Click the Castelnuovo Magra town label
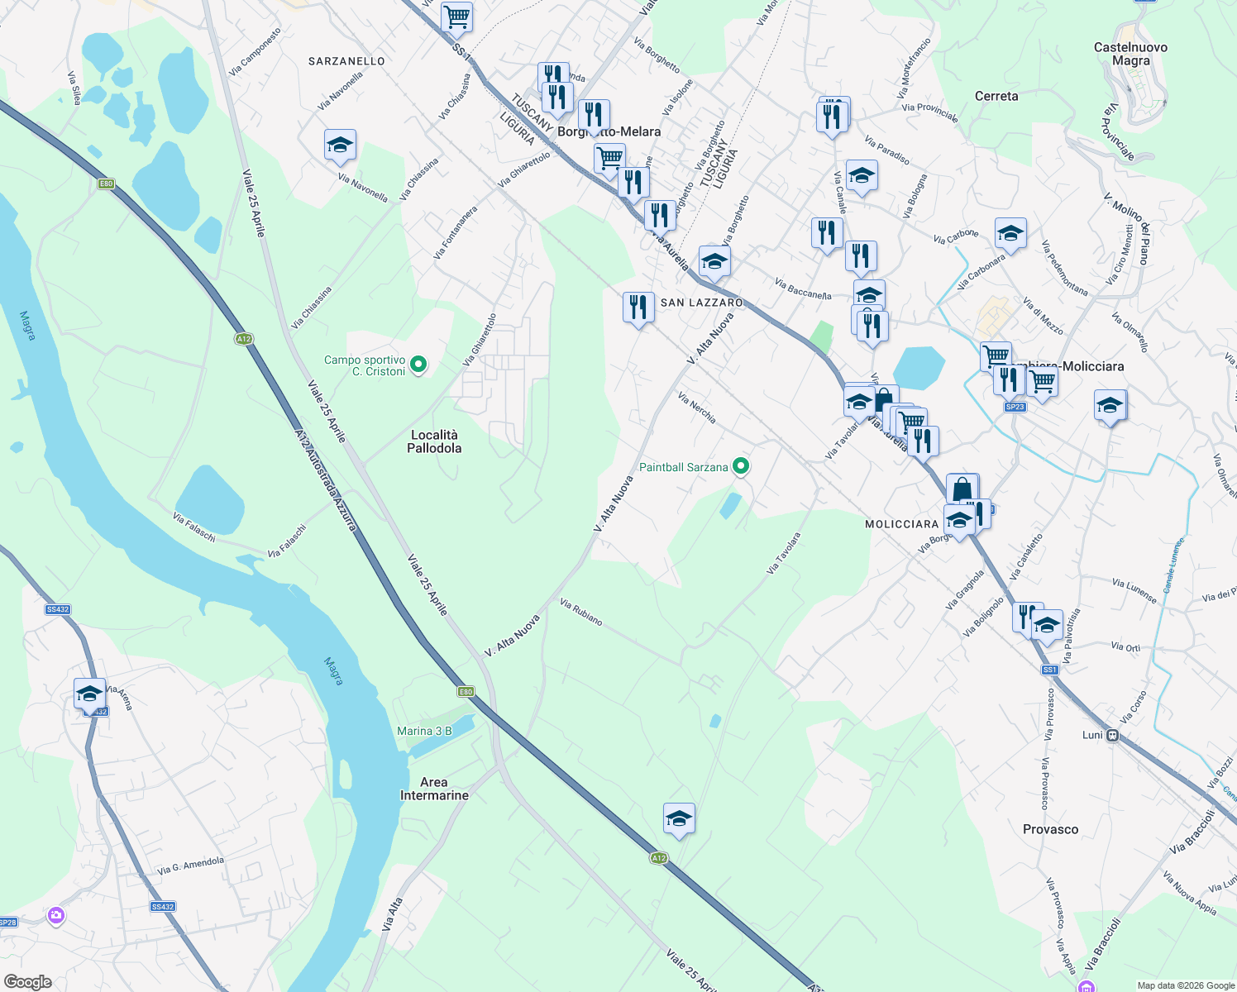coord(1130,54)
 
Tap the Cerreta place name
coord(996,96)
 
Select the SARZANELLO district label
coord(346,61)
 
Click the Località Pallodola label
coord(434,441)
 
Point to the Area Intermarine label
coord(434,789)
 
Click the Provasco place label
coord(1050,829)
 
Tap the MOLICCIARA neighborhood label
coord(901,524)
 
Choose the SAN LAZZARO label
coord(701,303)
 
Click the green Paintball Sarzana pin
coord(742,467)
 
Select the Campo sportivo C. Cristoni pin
coord(418,364)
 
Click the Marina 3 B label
coord(424,731)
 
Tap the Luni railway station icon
coord(1113,735)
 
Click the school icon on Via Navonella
coord(340,145)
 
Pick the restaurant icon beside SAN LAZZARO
coord(638,308)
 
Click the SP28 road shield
coord(7,923)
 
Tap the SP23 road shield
coord(1015,407)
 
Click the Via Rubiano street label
coord(581,612)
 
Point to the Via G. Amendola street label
coord(190,866)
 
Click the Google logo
coord(28,982)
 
